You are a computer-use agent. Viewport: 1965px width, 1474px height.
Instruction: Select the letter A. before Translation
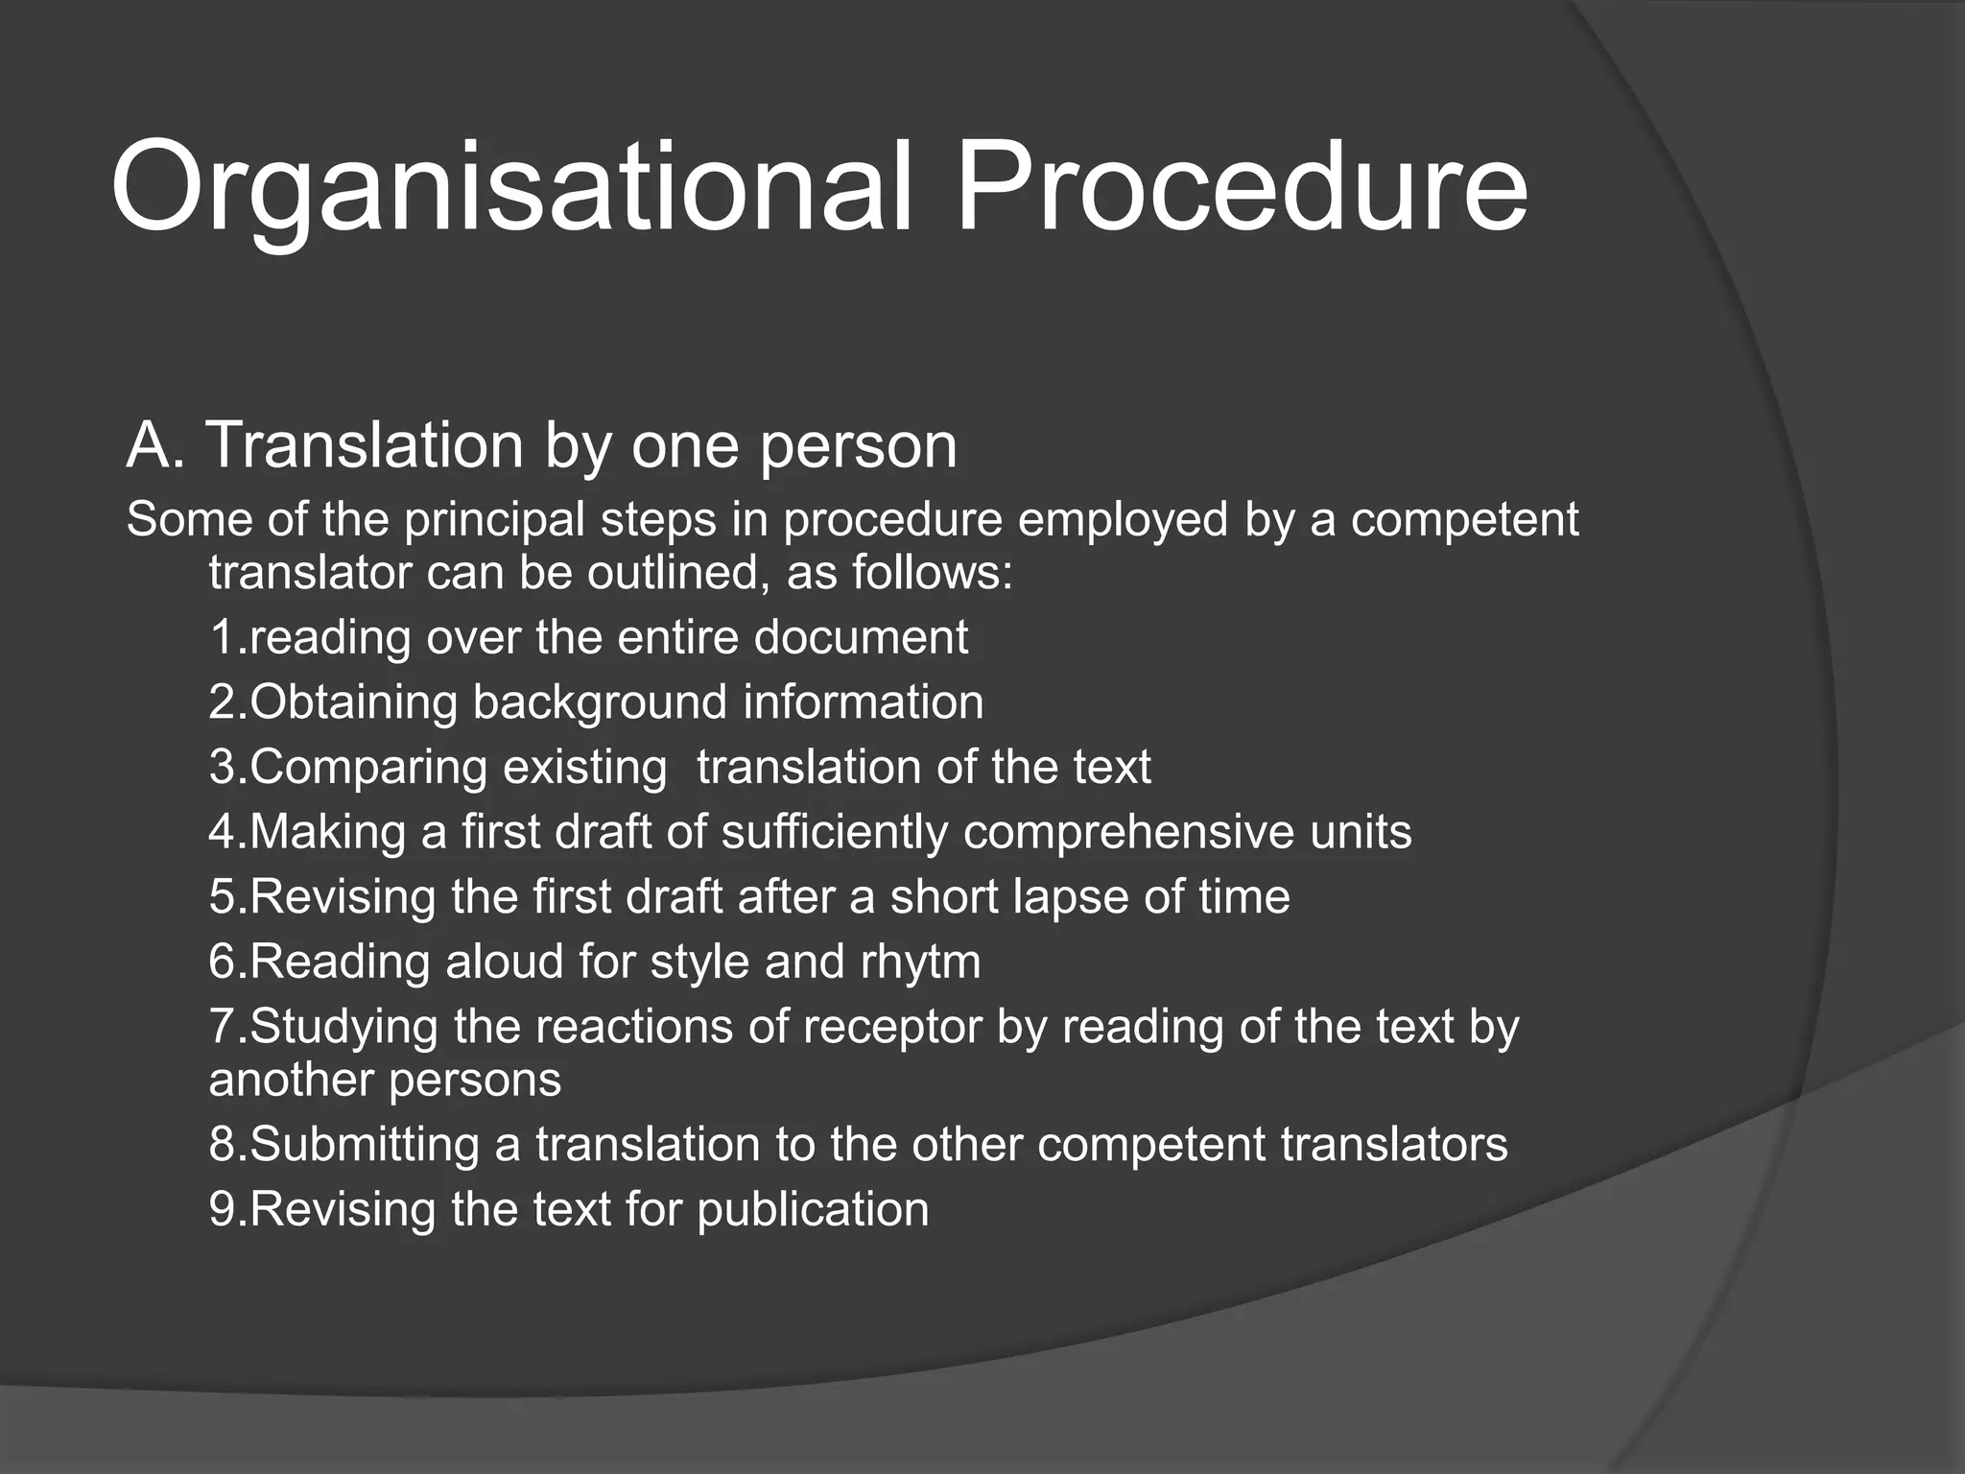click(x=154, y=446)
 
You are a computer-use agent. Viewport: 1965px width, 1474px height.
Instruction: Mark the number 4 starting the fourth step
click(x=223, y=832)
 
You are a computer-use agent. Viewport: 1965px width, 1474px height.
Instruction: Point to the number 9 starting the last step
click(x=223, y=1210)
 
